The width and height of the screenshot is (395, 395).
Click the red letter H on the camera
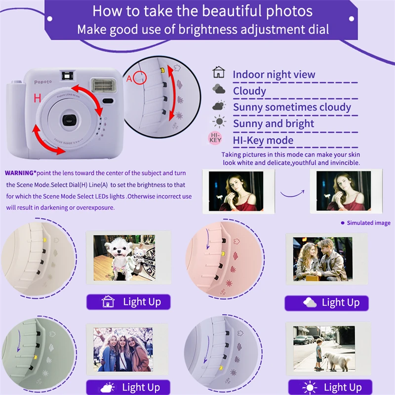point(37,98)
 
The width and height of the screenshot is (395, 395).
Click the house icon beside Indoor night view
point(218,74)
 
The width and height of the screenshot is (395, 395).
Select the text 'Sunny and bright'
point(273,123)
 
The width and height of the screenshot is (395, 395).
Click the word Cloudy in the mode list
point(249,91)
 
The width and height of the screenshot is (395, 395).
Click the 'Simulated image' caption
point(368,223)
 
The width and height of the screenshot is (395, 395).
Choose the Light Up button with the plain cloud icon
point(327,303)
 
